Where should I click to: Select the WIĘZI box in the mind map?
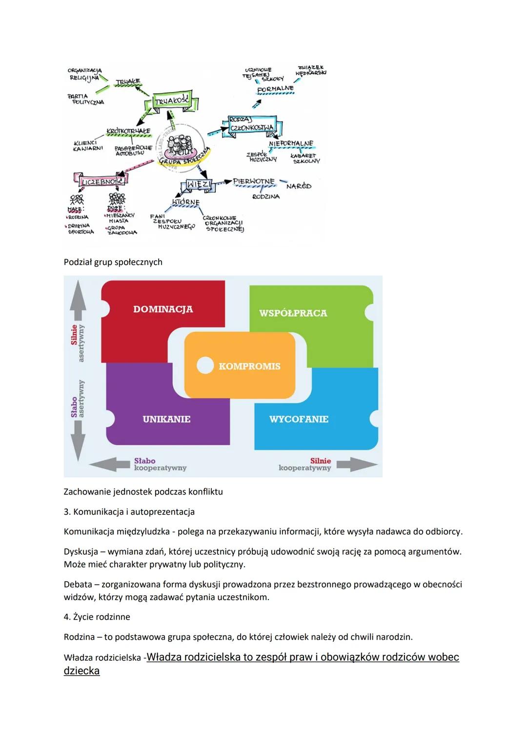pyautogui.click(x=199, y=185)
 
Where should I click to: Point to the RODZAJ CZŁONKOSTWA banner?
pyautogui.click(x=252, y=124)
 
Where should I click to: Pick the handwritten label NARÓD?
pyautogui.click(x=299, y=186)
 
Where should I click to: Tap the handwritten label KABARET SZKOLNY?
pyautogui.click(x=305, y=158)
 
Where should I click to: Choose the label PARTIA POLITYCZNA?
pyautogui.click(x=85, y=99)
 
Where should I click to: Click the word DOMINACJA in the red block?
pyautogui.click(x=163, y=309)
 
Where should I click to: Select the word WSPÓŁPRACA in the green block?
pyautogui.click(x=293, y=313)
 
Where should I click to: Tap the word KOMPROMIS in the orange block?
pyautogui.click(x=249, y=366)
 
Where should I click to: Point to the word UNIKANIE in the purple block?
pyautogui.click(x=166, y=419)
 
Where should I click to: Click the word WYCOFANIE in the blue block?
pyautogui.click(x=299, y=419)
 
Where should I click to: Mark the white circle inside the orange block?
pyautogui.click(x=205, y=365)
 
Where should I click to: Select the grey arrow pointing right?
pyautogui.click(x=356, y=464)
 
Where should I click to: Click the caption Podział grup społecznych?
pyautogui.click(x=113, y=262)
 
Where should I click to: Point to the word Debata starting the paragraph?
pyautogui.click(x=77, y=584)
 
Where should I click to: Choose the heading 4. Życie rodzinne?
pyautogui.click(x=97, y=617)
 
